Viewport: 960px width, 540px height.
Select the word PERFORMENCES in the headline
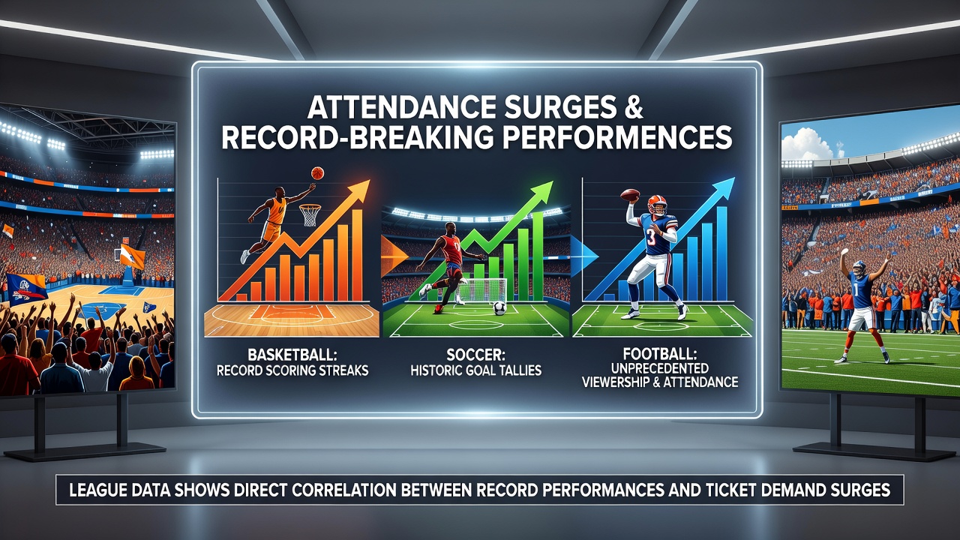pyautogui.click(x=610, y=137)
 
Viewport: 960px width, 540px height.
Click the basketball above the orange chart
pyautogui.click(x=317, y=172)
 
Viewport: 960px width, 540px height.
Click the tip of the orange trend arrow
pyautogui.click(x=369, y=181)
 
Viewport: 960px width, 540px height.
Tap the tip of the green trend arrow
pyautogui.click(x=553, y=181)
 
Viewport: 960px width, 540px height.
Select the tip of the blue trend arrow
pyautogui.click(x=734, y=178)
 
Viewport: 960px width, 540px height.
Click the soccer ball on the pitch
pyautogui.click(x=499, y=307)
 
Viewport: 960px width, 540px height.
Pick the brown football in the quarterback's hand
pyautogui.click(x=629, y=196)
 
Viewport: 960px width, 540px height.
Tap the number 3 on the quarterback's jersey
pyautogui.click(x=651, y=237)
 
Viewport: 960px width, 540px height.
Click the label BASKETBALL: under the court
pyautogui.click(x=292, y=355)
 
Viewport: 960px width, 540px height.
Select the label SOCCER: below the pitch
pyautogui.click(x=475, y=355)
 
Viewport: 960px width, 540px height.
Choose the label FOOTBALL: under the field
pyautogui.click(x=660, y=354)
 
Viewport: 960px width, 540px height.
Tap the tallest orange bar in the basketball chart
pyautogui.click(x=357, y=255)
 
